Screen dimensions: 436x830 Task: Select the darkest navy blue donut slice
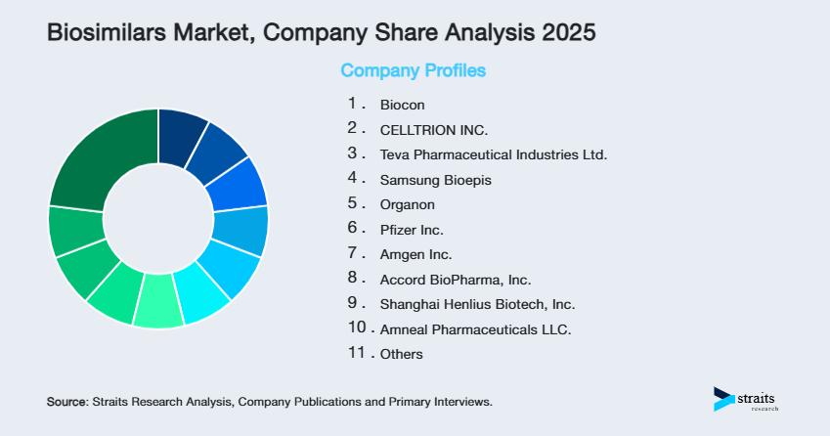coord(183,128)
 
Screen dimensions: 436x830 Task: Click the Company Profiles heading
coord(413,70)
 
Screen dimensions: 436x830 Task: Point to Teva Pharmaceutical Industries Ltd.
coord(494,154)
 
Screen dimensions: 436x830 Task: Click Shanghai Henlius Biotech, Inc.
coord(477,305)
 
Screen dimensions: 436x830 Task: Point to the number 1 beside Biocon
coord(352,103)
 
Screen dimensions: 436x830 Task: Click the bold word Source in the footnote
coord(66,402)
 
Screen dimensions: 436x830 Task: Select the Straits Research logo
coord(747,399)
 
